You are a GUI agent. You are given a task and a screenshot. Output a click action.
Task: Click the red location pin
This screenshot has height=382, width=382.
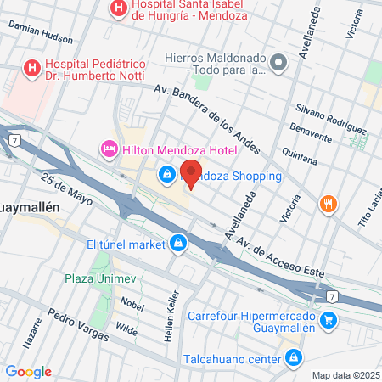point(192,174)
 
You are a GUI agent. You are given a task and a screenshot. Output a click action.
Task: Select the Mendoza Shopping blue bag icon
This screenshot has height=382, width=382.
point(167,176)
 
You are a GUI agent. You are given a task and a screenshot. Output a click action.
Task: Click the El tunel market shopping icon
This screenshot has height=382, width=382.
point(177,245)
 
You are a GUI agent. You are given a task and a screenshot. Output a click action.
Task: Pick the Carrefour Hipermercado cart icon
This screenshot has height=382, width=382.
point(329,320)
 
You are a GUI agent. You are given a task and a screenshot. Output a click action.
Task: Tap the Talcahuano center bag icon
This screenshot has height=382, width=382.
point(292,357)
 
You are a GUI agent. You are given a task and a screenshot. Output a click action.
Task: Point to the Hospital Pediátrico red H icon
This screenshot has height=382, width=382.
point(31,66)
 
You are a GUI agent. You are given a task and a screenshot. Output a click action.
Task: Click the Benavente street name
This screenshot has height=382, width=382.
point(311,135)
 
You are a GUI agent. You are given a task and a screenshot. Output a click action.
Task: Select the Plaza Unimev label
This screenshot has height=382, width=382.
point(101,278)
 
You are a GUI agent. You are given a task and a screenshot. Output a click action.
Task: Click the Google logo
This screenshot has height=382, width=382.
point(29,372)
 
